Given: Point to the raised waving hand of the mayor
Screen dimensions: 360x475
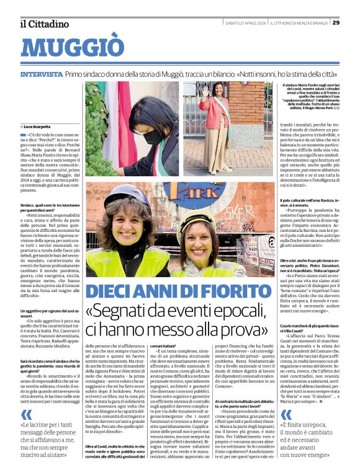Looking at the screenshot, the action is [x=202, y=91].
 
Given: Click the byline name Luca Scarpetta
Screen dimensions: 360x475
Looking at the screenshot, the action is [x=38, y=125].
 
